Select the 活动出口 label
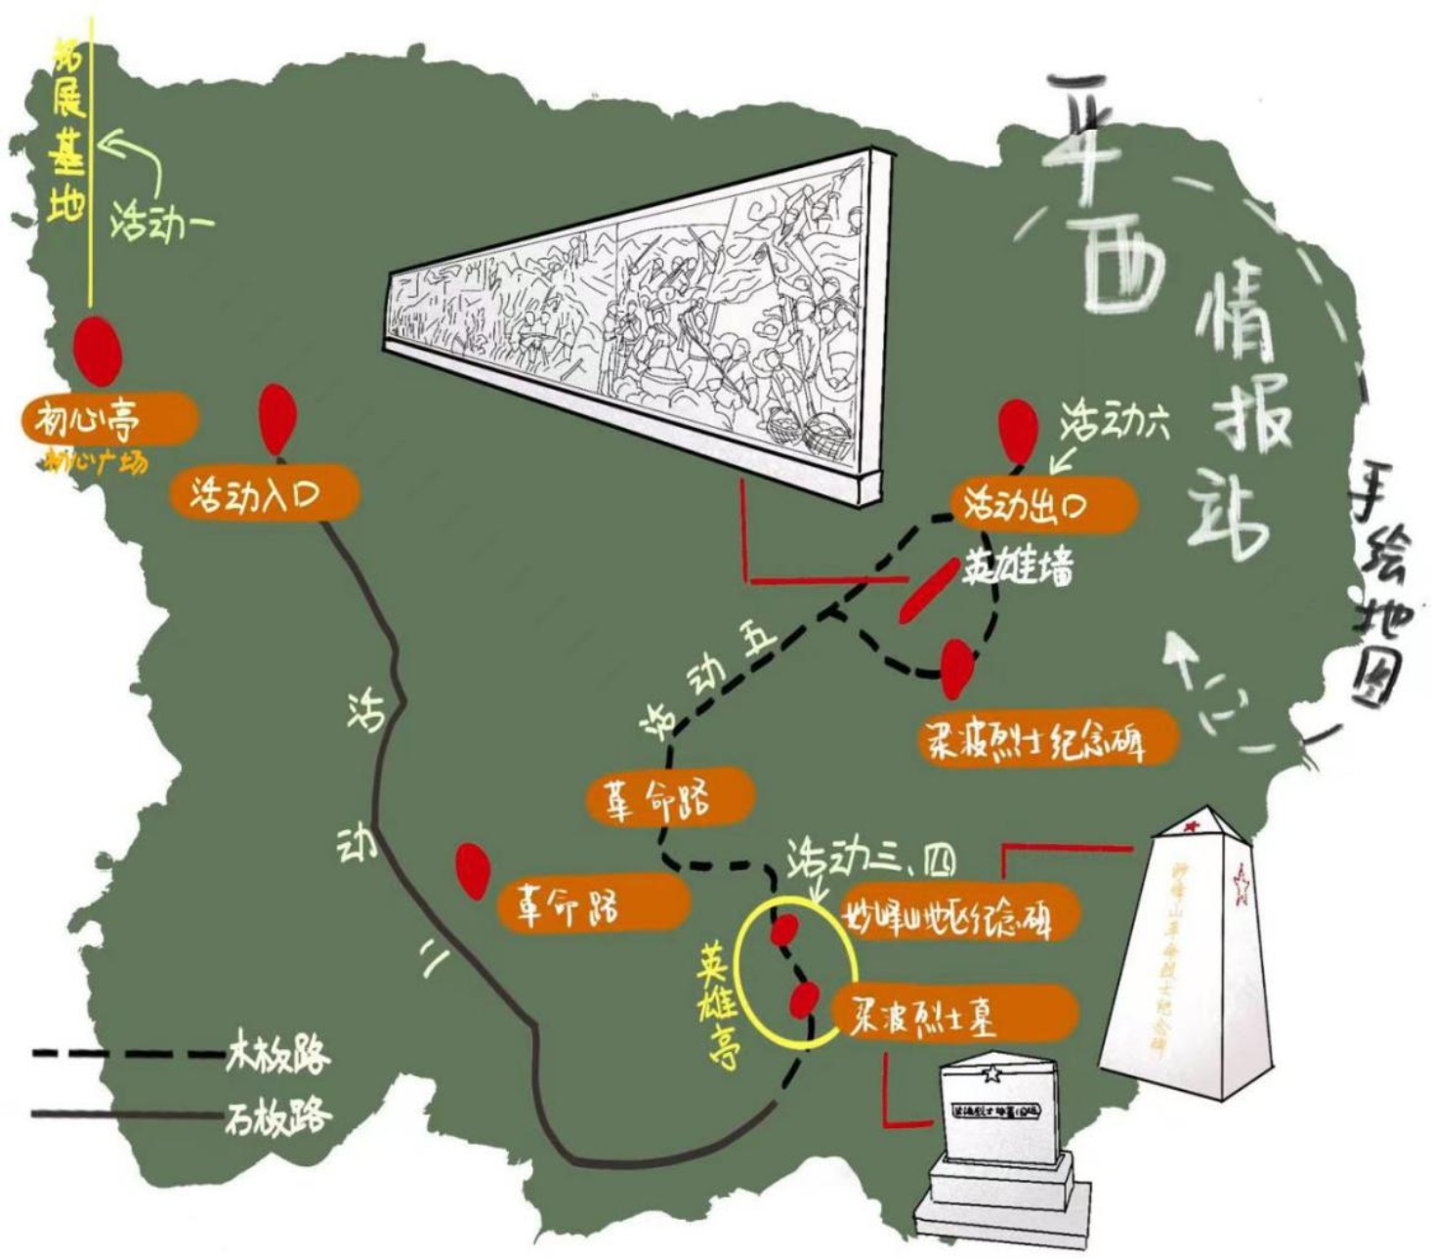pos(1043,506)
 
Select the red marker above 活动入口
pos(276,417)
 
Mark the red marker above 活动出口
pos(1018,429)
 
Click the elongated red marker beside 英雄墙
pos(926,590)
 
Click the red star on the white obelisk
pos(1242,885)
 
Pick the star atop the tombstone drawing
pos(991,1073)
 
